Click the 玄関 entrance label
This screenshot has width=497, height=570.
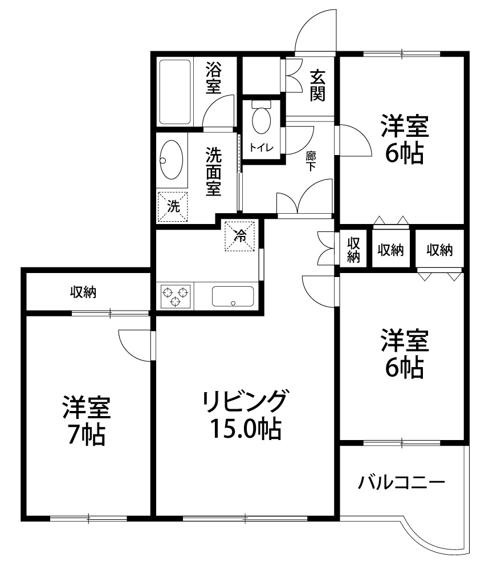[317, 85]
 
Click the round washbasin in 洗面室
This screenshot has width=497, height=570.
[172, 159]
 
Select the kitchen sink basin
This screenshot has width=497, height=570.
[233, 296]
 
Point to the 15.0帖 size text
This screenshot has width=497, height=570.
[246, 428]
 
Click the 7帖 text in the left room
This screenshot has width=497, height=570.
[87, 435]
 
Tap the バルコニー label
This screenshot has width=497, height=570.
[401, 483]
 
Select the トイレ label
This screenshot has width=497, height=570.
[262, 148]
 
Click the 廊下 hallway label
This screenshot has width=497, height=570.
[311, 161]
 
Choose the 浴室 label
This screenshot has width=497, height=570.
[213, 78]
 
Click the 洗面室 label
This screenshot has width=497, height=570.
[213, 172]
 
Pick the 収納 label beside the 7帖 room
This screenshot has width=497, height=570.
[83, 292]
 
